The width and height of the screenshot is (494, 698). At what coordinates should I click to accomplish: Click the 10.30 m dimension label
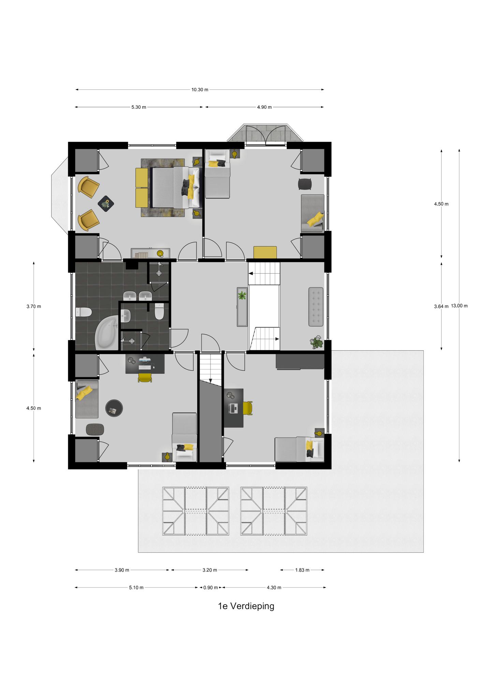coord(200,90)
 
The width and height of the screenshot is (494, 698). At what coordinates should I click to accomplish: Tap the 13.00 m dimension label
coord(459,306)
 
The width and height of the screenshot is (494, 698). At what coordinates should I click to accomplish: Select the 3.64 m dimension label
coord(441,306)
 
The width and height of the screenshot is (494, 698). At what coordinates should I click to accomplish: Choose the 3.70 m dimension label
coord(33,306)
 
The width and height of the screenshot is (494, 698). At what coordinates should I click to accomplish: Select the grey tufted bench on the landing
coord(316,307)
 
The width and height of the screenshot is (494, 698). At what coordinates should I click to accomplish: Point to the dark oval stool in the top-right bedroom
coord(305,184)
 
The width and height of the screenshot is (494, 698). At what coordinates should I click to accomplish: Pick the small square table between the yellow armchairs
coord(106,204)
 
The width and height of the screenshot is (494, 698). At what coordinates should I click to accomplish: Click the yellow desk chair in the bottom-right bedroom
coord(248,408)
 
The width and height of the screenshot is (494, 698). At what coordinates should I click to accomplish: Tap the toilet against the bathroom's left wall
coord(83,312)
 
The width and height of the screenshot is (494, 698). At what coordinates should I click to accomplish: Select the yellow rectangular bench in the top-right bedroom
coord(265,253)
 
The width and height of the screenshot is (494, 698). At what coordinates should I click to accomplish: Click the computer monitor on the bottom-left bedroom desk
coord(145,359)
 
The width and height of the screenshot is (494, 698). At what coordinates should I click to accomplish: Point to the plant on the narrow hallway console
coord(242,295)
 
